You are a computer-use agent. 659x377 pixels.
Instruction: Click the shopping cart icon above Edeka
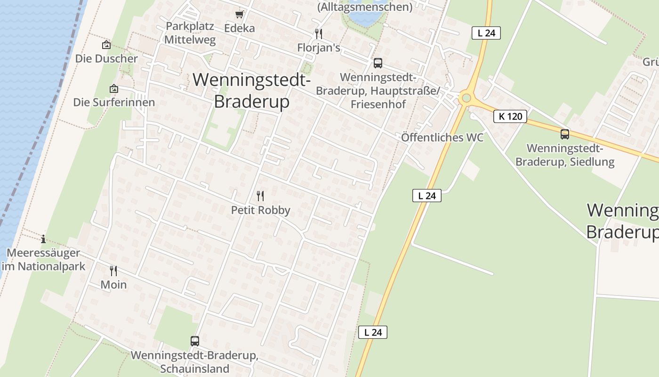click(239, 14)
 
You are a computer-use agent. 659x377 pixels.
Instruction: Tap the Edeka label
click(240, 28)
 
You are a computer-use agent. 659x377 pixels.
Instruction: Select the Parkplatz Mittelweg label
click(190, 33)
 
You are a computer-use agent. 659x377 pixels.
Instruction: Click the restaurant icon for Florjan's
click(319, 33)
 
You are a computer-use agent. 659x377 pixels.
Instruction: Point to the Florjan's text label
click(319, 48)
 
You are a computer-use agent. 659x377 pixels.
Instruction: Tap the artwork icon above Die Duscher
click(106, 45)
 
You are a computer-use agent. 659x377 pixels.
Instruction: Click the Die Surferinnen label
click(114, 102)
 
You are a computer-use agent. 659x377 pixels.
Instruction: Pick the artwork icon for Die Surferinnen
click(114, 89)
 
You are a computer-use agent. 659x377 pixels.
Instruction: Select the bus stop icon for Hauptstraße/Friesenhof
click(378, 63)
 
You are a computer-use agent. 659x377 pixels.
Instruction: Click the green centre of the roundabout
click(466, 98)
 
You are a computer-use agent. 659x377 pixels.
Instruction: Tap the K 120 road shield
click(510, 116)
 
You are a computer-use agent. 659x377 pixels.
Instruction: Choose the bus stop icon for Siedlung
click(564, 134)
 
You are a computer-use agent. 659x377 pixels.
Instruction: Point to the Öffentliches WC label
click(442, 138)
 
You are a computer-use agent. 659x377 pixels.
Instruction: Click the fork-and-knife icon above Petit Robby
click(260, 196)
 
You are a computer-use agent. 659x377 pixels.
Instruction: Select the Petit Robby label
click(260, 210)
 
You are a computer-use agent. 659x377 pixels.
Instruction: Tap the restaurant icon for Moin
click(113, 271)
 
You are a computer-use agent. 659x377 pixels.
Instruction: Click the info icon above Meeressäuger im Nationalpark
click(43, 239)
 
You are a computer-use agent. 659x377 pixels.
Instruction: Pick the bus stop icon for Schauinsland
click(194, 341)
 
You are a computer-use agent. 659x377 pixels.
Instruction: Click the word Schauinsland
click(194, 369)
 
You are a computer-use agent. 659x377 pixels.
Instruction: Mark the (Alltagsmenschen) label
click(365, 7)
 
